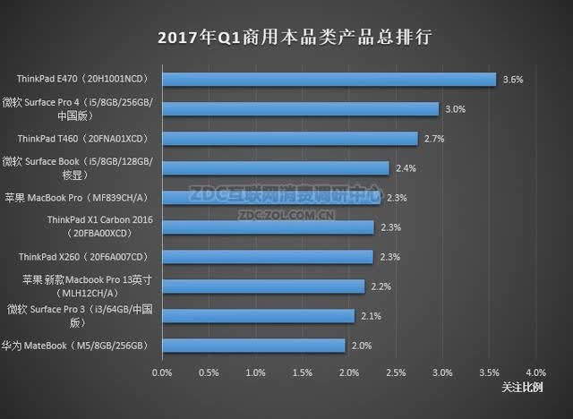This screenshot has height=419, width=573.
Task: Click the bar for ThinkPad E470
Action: [x=329, y=80]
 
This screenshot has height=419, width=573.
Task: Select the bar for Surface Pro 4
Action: [x=301, y=109]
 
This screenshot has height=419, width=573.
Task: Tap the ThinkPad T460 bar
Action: [x=290, y=139]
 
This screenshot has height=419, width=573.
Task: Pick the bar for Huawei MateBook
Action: [x=254, y=346]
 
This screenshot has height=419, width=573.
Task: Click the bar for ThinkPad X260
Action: [x=268, y=257]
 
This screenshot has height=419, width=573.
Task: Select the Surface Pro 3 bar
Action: [x=259, y=316]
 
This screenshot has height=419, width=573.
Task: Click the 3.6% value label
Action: [x=513, y=80]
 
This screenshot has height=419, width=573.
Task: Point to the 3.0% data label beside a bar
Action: [x=456, y=109]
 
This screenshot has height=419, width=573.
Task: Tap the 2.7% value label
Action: [x=434, y=139]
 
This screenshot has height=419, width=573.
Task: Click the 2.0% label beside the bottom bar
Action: [x=362, y=346]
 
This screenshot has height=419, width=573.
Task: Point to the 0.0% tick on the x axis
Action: [x=162, y=372]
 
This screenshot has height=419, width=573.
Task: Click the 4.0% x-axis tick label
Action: [x=535, y=372]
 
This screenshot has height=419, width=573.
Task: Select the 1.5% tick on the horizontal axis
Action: [x=303, y=372]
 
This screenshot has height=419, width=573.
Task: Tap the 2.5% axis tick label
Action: [x=396, y=372]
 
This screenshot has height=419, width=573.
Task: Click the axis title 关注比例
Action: [x=522, y=388]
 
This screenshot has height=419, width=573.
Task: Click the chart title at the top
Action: [x=295, y=37]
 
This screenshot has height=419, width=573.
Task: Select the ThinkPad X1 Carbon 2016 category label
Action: [x=99, y=227]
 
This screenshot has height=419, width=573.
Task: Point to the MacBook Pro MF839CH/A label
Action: [x=78, y=198]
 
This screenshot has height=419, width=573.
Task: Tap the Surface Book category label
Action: [x=77, y=168]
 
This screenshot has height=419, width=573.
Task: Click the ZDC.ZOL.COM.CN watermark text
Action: [x=286, y=215]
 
